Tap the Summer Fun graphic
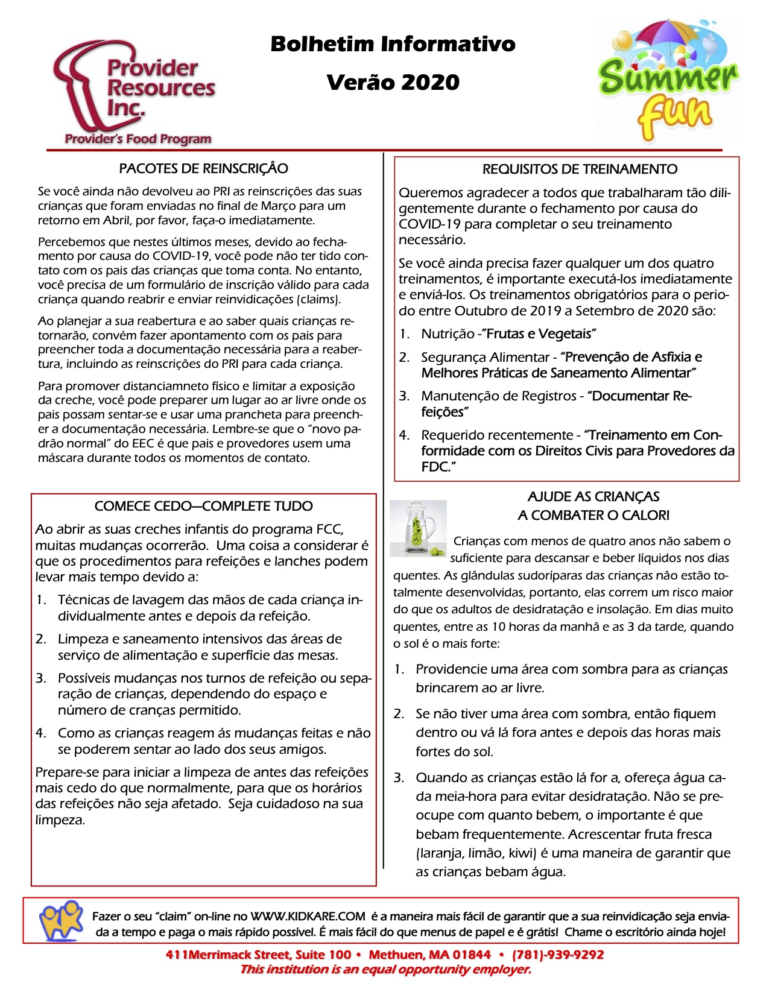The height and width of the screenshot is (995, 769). tap(668, 81)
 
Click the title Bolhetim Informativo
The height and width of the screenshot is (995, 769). tap(393, 44)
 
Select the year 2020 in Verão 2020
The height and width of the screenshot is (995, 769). tap(431, 83)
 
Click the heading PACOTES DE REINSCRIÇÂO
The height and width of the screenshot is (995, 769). tap(203, 168)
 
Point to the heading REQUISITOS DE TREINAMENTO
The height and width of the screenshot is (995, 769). tap(580, 169)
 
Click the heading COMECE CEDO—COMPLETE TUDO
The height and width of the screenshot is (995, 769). tap(203, 506)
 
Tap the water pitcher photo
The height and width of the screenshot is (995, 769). tap(419, 528)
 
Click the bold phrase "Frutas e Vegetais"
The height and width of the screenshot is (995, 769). tap(541, 333)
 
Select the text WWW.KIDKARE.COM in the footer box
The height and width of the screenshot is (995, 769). tap(308, 917)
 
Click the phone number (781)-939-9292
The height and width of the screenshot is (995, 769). tap(558, 955)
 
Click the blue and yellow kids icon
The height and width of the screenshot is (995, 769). tap(61, 920)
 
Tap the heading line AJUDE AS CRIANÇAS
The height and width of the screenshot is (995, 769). tap(593, 496)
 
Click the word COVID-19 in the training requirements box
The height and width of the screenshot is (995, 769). tap(429, 224)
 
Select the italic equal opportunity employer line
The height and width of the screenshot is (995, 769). tap(385, 969)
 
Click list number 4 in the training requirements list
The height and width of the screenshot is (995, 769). tap(404, 435)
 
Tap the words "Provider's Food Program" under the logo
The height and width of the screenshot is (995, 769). tap(138, 139)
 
